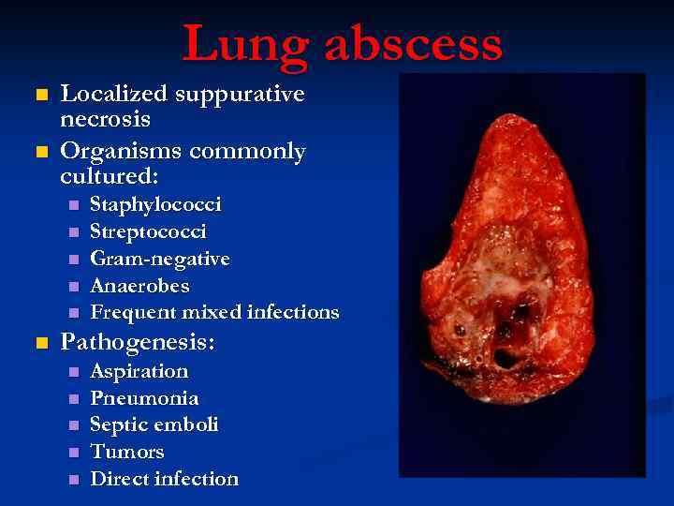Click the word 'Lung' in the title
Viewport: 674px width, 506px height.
click(238, 45)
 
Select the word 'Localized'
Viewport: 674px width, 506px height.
click(115, 94)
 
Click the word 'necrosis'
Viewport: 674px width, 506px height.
click(105, 119)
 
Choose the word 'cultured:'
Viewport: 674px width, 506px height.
click(109, 175)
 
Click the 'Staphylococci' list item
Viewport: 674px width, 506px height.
click(155, 204)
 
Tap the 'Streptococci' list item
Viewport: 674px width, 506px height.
click(148, 231)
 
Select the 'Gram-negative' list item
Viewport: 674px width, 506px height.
click(159, 258)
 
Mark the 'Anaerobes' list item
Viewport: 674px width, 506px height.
click(139, 285)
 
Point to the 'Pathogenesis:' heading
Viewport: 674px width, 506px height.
click(138, 343)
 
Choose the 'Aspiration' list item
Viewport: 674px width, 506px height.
click(139, 371)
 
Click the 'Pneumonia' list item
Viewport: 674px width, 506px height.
click(144, 398)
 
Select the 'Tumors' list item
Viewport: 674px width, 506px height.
click(126, 452)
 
